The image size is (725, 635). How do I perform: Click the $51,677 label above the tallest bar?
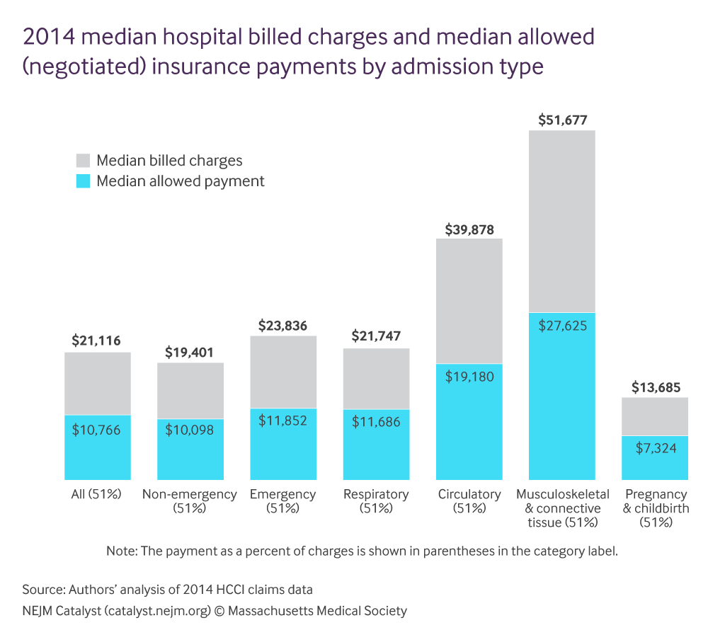point(562,120)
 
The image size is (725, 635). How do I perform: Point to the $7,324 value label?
point(655,447)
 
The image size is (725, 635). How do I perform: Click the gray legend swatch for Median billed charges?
point(83,160)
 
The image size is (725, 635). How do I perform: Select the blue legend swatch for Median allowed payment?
point(83,181)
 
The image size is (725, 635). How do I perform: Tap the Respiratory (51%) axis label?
point(376,500)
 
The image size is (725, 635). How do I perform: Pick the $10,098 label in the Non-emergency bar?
point(190,430)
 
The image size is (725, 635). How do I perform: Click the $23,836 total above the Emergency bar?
point(283,325)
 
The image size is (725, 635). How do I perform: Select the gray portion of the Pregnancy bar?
point(655,416)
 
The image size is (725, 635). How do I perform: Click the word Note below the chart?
point(122,551)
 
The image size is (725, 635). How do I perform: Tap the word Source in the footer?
point(42,589)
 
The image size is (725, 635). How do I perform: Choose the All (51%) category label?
point(98,494)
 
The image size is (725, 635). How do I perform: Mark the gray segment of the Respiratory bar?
point(376,378)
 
